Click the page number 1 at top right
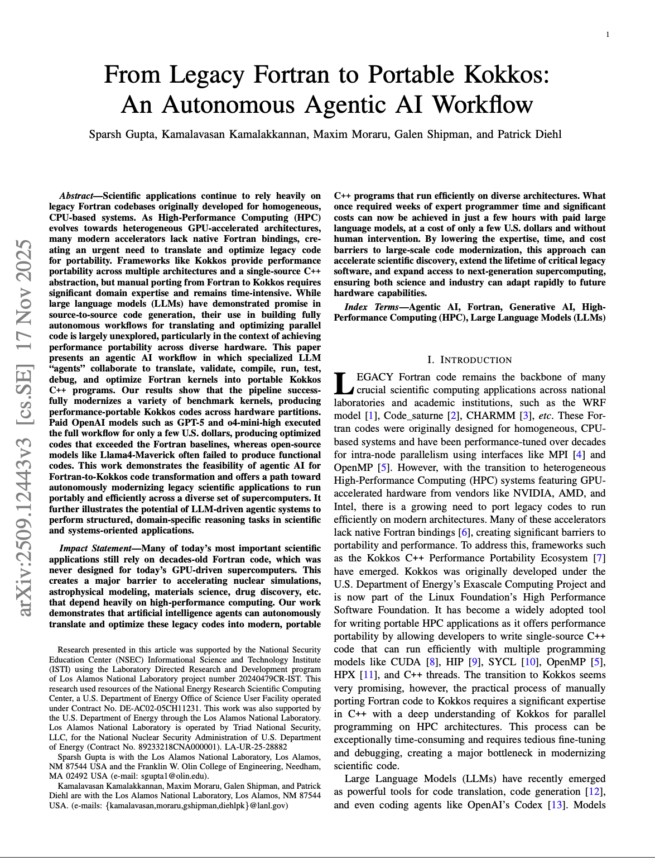click(x=608, y=35)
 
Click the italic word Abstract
click(x=76, y=196)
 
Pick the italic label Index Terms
click(x=372, y=307)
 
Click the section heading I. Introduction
click(x=469, y=360)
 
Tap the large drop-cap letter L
click(x=344, y=384)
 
